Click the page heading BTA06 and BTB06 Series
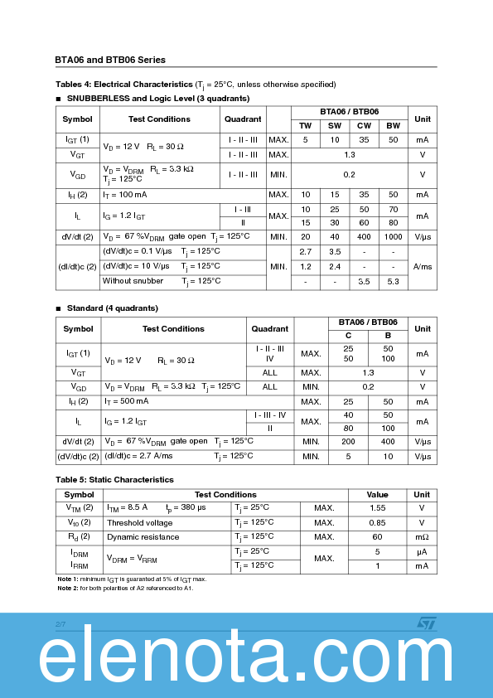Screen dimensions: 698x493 (x=110, y=60)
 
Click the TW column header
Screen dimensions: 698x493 (x=306, y=125)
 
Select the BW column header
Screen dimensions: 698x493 (x=393, y=125)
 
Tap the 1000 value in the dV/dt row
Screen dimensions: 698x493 (x=393, y=237)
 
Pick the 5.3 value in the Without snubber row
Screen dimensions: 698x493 (x=393, y=281)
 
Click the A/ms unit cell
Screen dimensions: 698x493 (x=423, y=266)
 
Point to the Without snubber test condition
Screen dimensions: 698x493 (x=133, y=281)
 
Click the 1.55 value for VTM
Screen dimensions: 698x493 (x=378, y=507)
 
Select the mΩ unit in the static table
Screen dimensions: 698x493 (x=423, y=537)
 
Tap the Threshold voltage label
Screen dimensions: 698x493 (x=139, y=523)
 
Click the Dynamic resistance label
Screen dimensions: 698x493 (x=143, y=537)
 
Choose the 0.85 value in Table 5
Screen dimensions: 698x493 (x=378, y=522)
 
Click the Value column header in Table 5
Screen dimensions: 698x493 (x=378, y=494)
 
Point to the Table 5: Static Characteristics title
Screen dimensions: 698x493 (x=114, y=479)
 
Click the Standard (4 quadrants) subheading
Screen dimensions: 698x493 (x=112, y=308)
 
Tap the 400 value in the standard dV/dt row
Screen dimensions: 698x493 (x=388, y=442)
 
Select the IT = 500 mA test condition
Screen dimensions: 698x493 (x=126, y=401)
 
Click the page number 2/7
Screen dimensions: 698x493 (x=60, y=623)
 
